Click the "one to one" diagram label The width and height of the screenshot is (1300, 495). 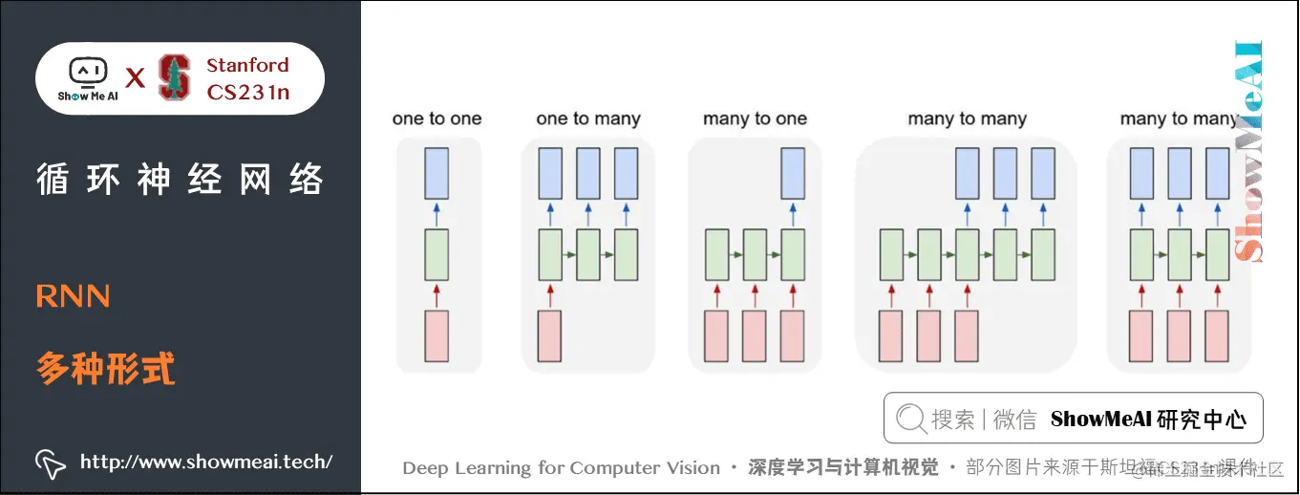437,119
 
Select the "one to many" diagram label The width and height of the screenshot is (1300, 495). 587,119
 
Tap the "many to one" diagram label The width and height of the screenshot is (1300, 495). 755,119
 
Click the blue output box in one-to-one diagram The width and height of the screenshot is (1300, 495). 437,173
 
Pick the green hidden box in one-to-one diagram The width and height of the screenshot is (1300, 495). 437,254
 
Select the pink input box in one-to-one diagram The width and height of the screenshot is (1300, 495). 437,335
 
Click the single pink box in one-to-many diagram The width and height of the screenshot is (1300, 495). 549,335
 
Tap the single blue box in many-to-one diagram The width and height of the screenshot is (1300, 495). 792,173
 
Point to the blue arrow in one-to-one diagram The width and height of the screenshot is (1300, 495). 437,212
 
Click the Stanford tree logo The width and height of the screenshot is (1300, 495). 174,77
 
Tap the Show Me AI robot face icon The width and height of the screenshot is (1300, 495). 88,73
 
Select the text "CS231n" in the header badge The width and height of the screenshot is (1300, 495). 248,92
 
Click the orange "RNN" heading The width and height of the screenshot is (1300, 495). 74,297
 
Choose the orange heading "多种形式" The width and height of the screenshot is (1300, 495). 106,368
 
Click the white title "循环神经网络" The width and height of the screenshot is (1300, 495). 180,180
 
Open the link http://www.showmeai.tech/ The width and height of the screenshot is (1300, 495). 206,463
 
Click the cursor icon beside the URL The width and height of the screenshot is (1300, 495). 50,463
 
